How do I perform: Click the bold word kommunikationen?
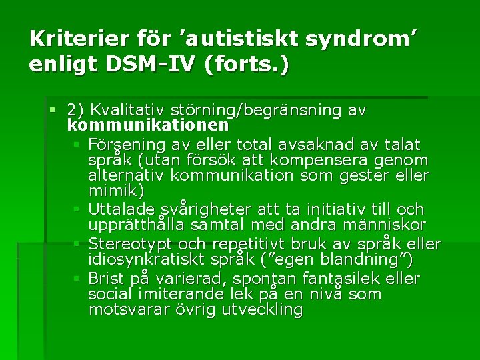[148, 125]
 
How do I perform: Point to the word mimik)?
[116, 192]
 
